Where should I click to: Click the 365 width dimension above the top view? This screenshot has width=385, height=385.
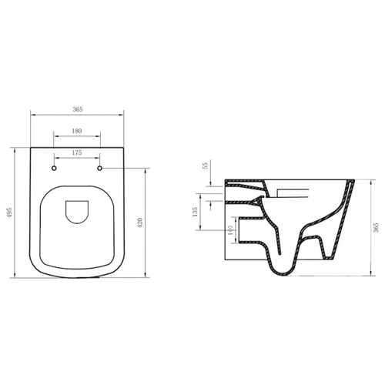78,109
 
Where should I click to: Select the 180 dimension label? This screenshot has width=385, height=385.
77,131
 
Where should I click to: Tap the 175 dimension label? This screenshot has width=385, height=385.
77,152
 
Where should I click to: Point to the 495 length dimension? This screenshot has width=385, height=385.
10,213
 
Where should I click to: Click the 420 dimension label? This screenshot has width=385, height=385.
140,223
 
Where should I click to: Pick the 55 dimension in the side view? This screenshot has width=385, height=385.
205,166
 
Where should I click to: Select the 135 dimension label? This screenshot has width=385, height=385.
195,212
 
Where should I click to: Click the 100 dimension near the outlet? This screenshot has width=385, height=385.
230,230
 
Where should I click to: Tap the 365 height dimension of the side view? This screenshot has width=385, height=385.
376,228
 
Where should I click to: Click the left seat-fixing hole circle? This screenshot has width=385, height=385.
54,169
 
